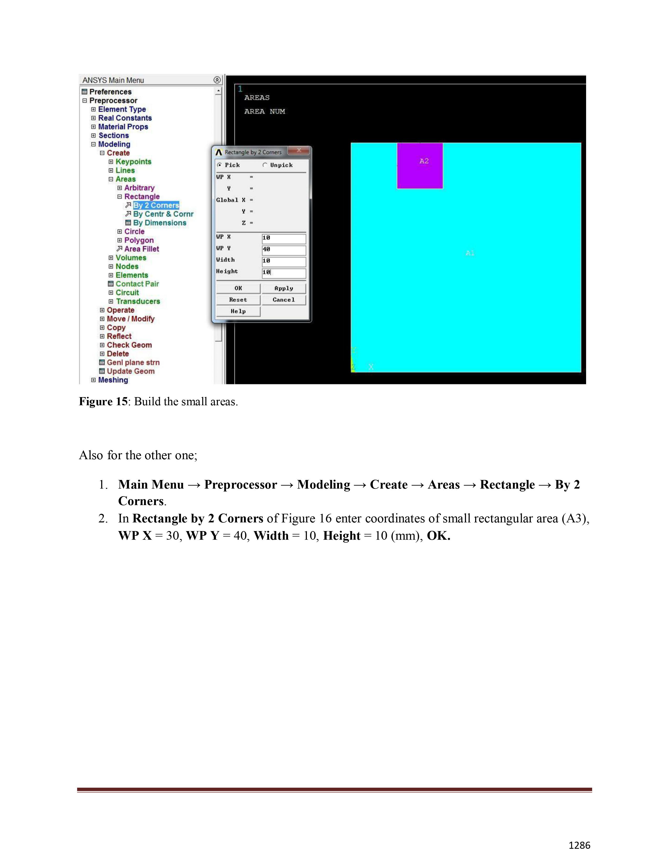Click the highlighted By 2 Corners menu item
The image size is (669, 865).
(156, 205)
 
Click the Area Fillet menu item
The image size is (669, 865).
(141, 249)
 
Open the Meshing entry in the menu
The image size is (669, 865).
(113, 380)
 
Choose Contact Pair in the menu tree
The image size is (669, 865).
(137, 284)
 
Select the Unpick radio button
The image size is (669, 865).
(265, 165)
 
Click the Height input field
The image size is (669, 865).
(284, 273)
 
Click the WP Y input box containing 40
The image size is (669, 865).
(284, 250)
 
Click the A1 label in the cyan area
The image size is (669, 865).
(470, 253)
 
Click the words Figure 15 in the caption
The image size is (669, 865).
(103, 402)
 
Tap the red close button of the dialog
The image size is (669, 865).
(299, 150)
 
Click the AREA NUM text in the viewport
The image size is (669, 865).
(264, 112)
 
